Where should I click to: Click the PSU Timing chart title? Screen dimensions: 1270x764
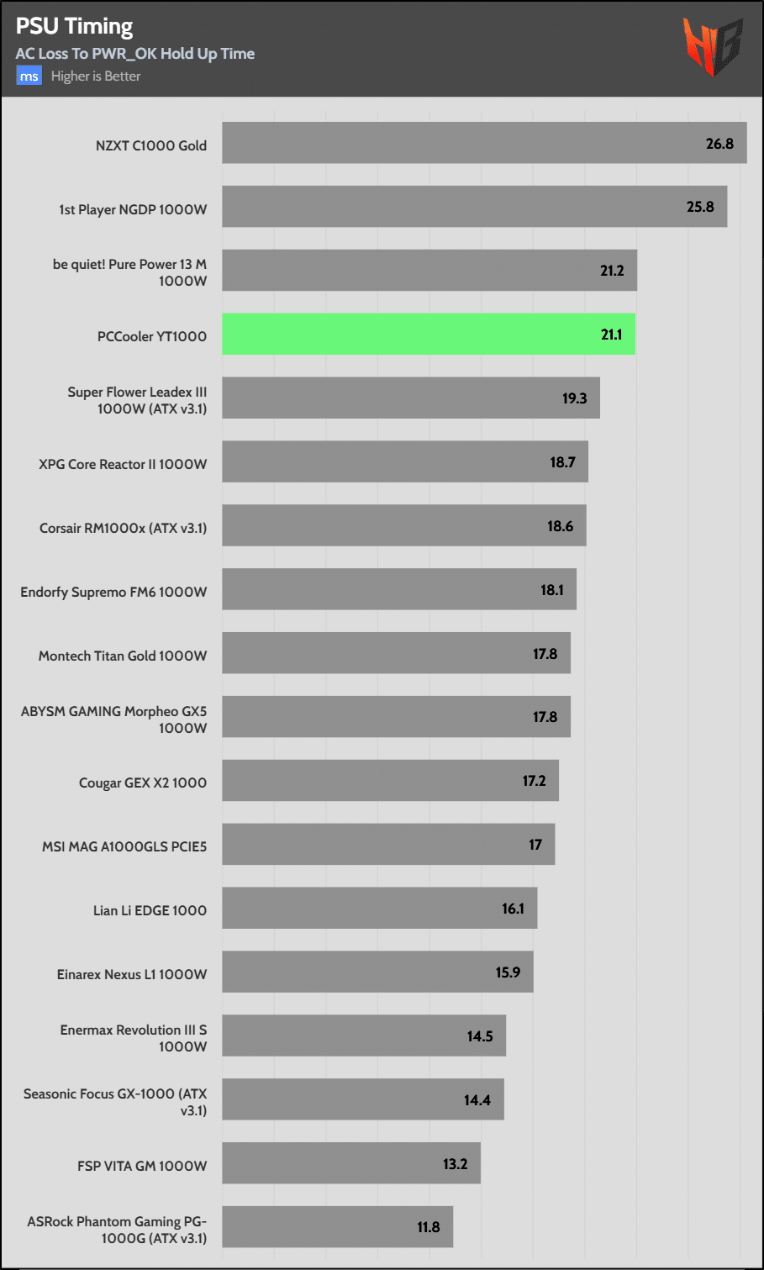click(x=74, y=27)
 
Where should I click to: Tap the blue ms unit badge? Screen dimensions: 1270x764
click(x=29, y=76)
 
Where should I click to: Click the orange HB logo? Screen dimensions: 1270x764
click(x=713, y=46)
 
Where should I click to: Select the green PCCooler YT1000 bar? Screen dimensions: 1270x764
click(x=428, y=335)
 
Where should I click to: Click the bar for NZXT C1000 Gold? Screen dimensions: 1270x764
click(x=484, y=143)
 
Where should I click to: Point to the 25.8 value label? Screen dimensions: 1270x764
click(x=700, y=207)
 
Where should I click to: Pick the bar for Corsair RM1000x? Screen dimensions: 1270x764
click(x=403, y=525)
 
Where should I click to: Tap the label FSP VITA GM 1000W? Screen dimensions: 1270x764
click(x=142, y=1166)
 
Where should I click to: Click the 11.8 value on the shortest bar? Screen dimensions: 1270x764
click(x=429, y=1227)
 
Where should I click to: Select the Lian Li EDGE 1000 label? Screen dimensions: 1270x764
click(x=150, y=910)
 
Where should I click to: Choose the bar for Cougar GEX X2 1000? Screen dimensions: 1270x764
click(x=390, y=781)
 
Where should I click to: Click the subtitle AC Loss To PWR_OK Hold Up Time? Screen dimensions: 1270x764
click(x=135, y=54)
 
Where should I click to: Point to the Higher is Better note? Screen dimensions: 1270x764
click(x=96, y=76)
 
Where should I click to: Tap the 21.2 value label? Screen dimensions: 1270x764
click(x=612, y=271)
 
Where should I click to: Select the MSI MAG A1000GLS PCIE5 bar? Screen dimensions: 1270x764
click(x=388, y=845)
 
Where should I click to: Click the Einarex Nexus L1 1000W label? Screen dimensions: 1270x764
click(x=132, y=974)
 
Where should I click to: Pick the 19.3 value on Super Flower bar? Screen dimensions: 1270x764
click(x=575, y=398)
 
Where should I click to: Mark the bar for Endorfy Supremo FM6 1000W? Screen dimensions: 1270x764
click(x=399, y=589)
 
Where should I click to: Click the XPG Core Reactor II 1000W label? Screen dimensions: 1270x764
click(x=123, y=464)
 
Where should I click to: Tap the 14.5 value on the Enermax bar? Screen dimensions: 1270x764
click(x=480, y=1036)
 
